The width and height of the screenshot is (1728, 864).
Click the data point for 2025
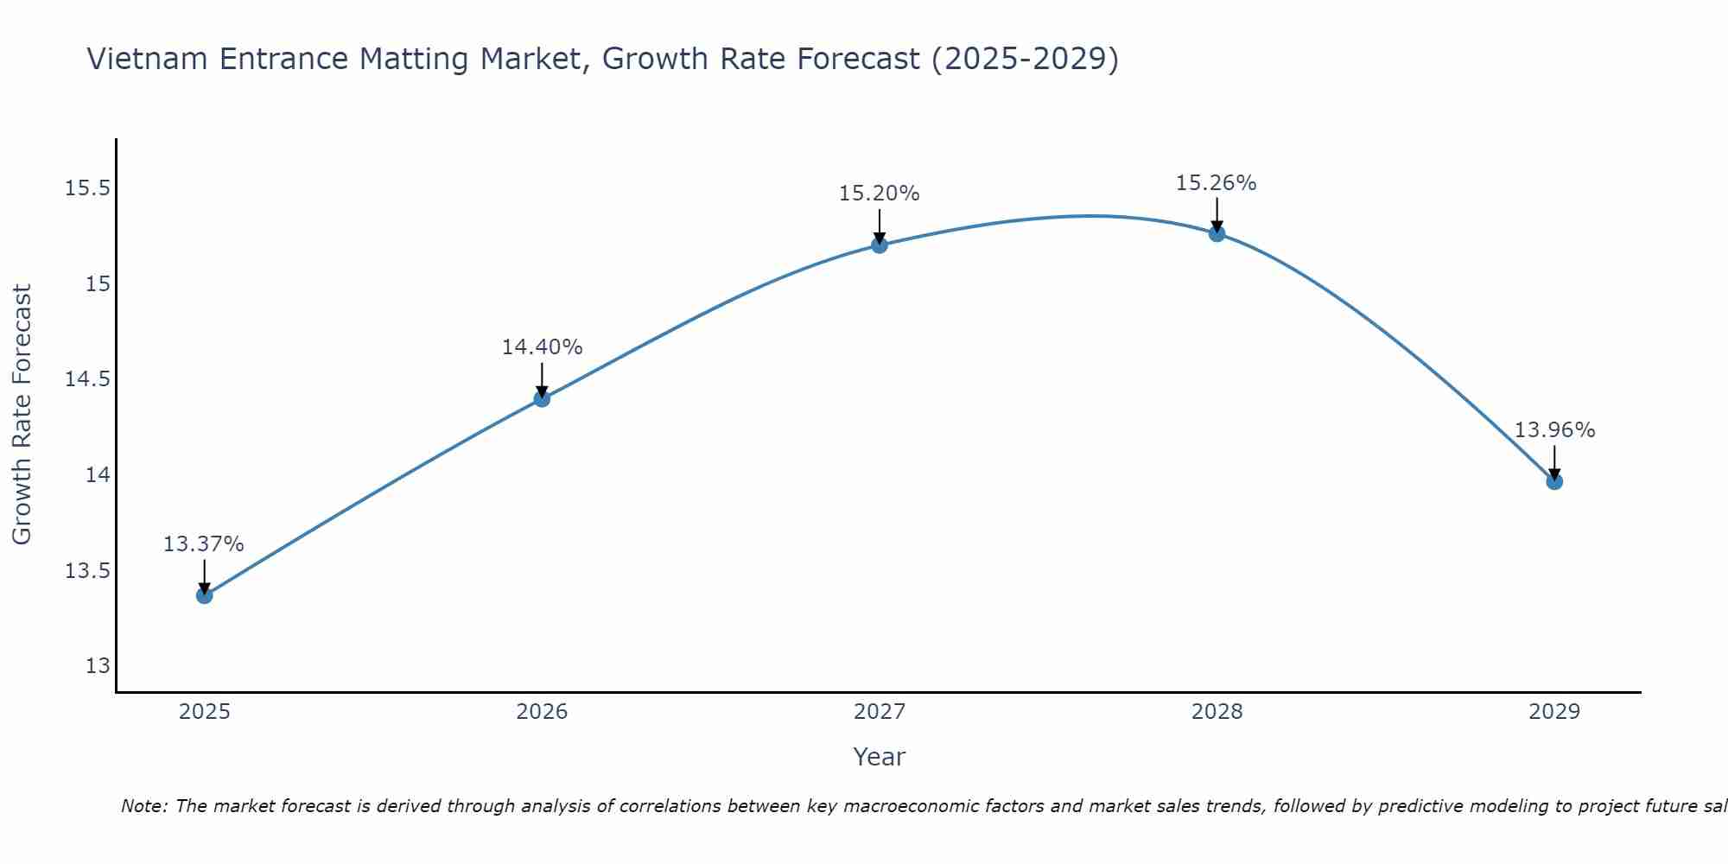[204, 595]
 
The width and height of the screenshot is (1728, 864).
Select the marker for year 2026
[542, 398]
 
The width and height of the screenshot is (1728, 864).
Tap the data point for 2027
[880, 245]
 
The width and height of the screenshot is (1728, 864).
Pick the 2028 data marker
[1217, 233]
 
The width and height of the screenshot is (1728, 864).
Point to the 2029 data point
[1554, 481]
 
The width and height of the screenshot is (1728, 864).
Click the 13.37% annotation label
[204, 544]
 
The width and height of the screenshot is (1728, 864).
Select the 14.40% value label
[542, 347]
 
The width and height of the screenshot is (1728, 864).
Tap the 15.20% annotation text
[880, 194]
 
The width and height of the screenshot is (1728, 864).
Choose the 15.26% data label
[1217, 183]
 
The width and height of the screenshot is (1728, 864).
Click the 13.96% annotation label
[1554, 430]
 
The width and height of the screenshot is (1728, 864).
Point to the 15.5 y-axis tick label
[88, 188]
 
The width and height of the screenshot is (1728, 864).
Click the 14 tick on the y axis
[98, 475]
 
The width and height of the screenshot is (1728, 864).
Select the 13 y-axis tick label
[98, 666]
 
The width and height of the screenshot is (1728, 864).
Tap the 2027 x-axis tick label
[880, 712]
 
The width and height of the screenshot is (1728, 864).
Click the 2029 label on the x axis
[1554, 712]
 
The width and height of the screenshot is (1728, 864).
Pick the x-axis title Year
[880, 757]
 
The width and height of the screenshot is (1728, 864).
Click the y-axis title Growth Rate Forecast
[22, 415]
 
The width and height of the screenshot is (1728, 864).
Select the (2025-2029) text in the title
[1025, 59]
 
